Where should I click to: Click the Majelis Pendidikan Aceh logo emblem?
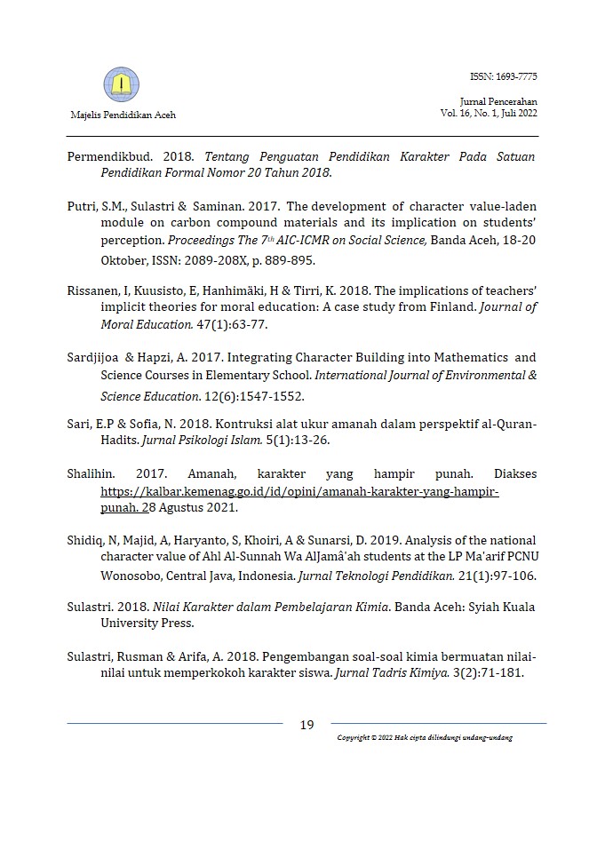121,85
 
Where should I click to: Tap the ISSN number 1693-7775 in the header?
504,76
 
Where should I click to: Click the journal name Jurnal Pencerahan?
500,102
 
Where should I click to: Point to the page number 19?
306,725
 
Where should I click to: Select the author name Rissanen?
93,290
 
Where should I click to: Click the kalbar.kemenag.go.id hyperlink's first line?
299,491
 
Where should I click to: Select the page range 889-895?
283,262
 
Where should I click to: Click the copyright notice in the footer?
424,738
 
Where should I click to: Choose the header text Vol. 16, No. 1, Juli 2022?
488,113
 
